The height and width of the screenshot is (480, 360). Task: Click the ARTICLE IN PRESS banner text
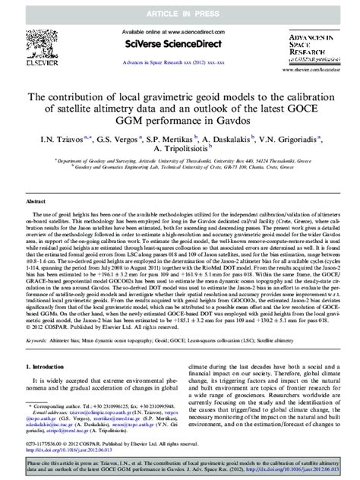coord(180,8)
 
